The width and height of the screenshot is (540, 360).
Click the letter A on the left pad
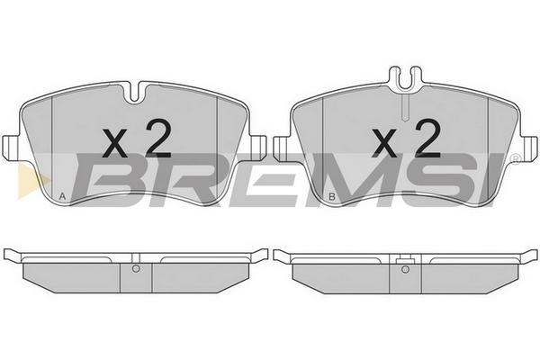click(62, 196)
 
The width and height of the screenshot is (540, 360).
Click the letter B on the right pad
click(332, 197)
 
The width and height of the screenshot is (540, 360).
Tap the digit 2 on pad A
click(158, 139)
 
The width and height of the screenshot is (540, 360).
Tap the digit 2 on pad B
click(428, 139)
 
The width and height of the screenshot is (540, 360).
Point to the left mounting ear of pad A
click(10, 148)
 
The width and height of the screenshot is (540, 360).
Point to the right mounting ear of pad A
click(258, 148)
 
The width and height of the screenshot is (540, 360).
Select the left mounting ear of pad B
click(282, 148)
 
